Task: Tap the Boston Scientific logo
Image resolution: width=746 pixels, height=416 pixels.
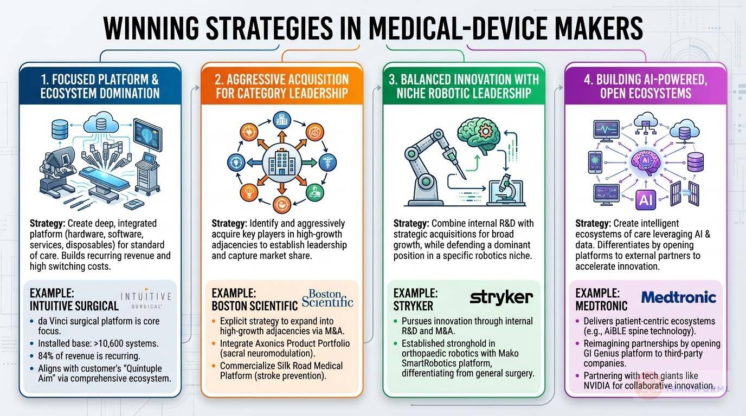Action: (328, 298)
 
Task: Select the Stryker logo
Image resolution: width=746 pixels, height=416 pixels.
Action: (501, 297)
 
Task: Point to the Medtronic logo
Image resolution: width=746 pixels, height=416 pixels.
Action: (678, 297)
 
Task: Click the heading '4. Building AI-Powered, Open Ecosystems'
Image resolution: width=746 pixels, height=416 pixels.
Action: (645, 86)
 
